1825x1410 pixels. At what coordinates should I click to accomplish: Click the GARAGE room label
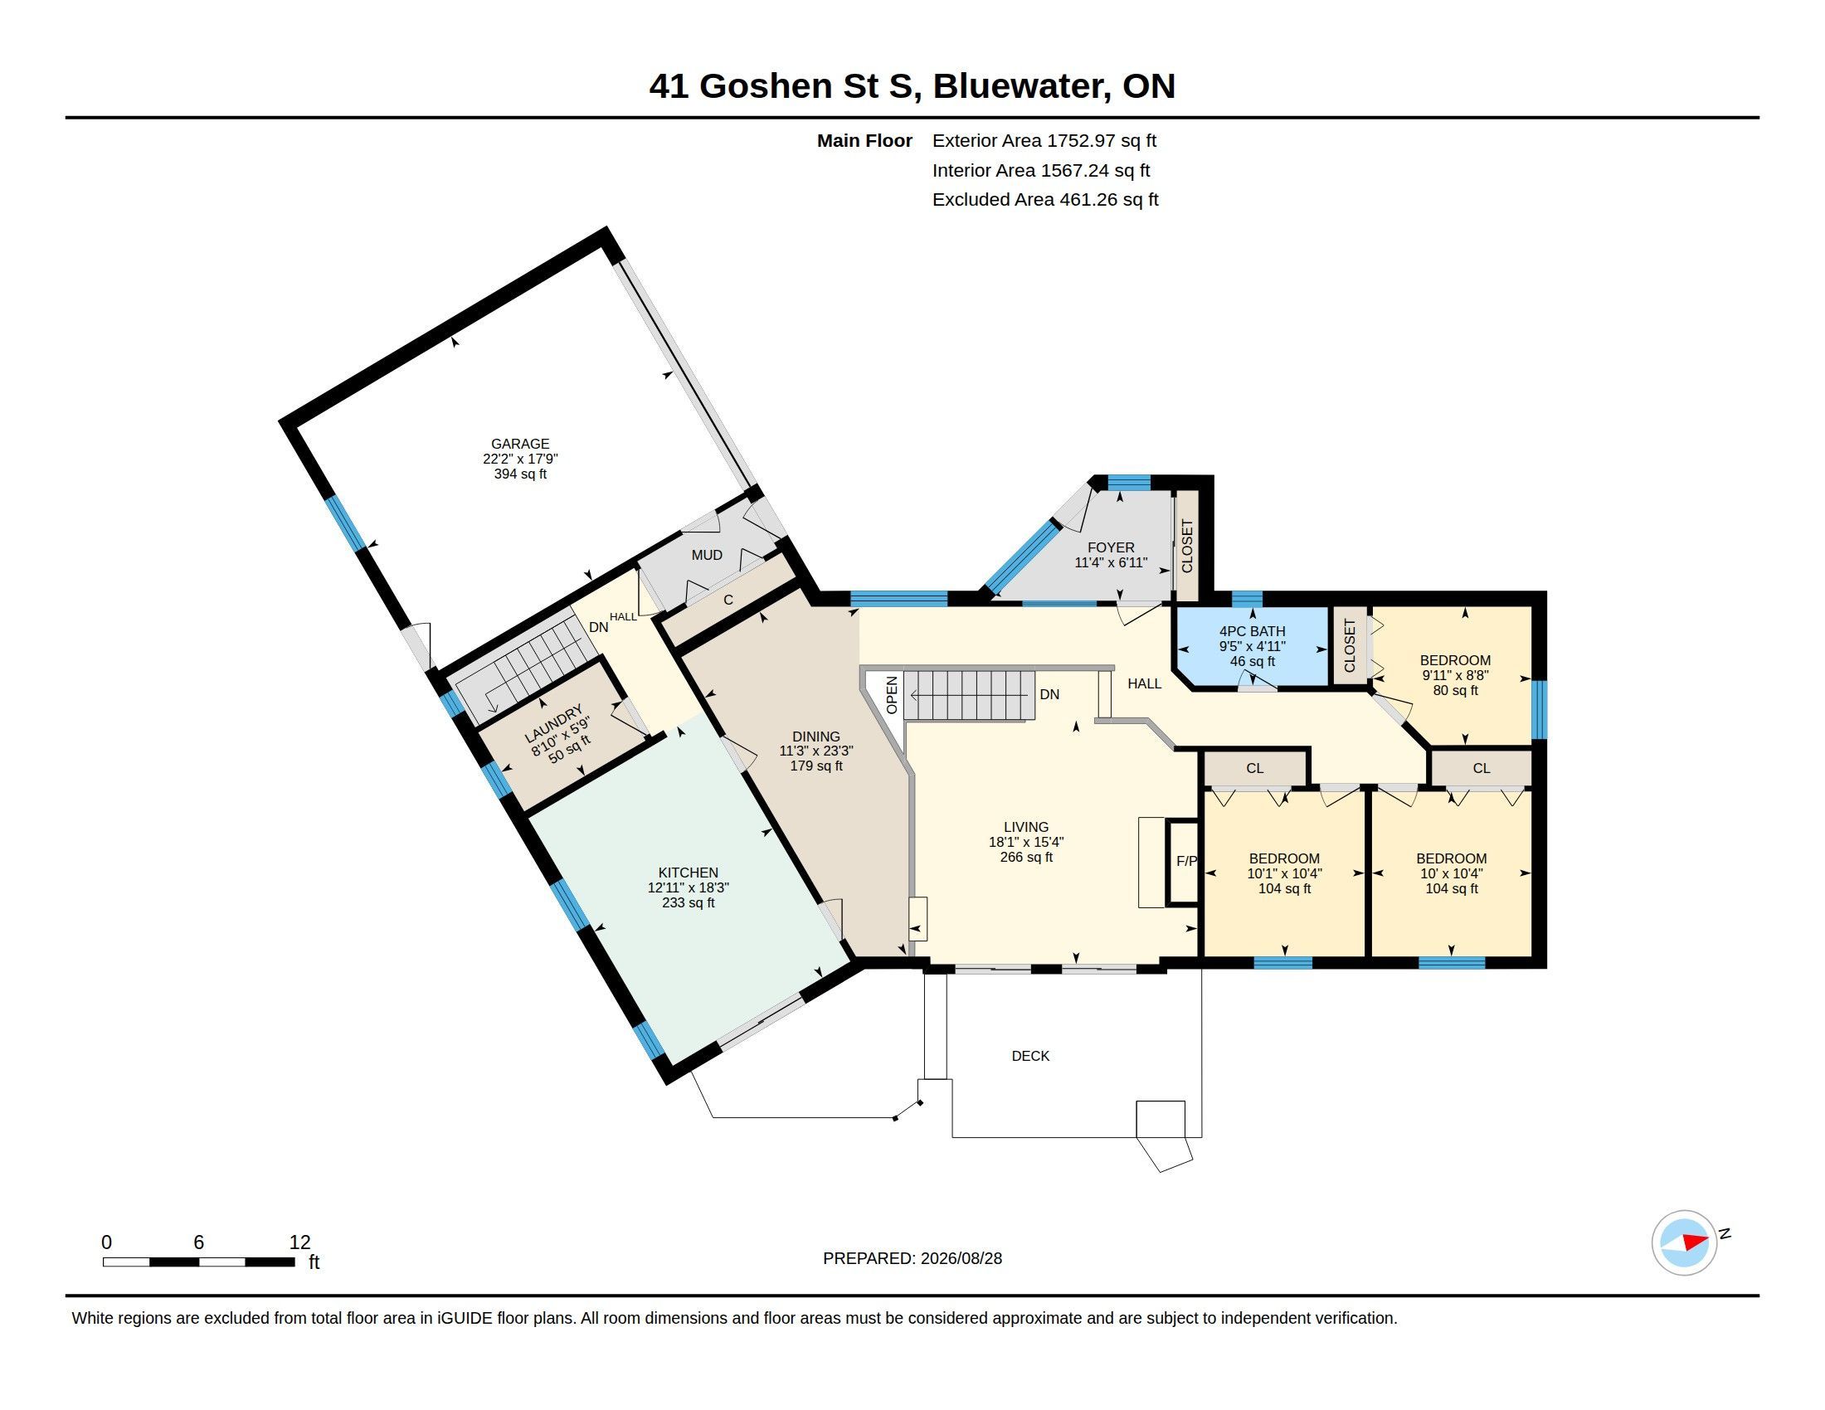[x=520, y=445]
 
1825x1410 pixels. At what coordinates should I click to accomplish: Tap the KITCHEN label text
[x=688, y=873]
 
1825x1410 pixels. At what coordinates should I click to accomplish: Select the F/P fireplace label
[x=1186, y=861]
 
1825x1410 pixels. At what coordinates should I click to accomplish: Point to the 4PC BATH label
[x=1252, y=631]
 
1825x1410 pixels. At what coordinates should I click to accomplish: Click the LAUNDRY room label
[x=553, y=724]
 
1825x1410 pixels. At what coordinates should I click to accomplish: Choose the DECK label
[x=1030, y=1056]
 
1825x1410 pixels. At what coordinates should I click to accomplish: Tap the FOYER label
[x=1111, y=548]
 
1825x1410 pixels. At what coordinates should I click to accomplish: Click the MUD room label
[x=707, y=556]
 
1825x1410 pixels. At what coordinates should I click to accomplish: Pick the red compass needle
[x=1695, y=1242]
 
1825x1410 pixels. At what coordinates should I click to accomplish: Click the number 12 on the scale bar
[x=299, y=1242]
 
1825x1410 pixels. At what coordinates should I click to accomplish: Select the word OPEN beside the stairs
[x=892, y=695]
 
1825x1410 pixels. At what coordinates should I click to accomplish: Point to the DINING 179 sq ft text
[x=816, y=766]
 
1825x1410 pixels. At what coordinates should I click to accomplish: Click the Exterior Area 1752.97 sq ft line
[x=1044, y=140]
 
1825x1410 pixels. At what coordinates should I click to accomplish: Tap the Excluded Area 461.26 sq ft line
[x=1045, y=200]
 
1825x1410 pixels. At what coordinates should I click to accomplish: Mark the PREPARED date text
[x=912, y=1259]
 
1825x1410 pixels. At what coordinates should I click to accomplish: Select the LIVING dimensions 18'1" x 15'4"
[x=1026, y=843]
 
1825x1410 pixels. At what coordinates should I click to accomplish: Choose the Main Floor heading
[x=864, y=140]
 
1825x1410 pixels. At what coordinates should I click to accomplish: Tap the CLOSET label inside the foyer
[x=1187, y=547]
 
